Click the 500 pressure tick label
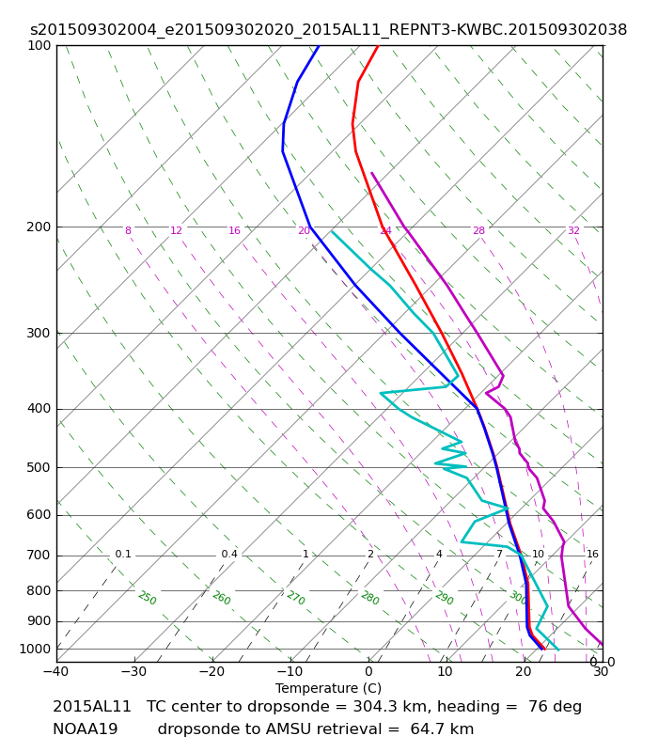[x=39, y=467]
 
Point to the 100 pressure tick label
[x=39, y=45]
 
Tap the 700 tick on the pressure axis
[x=39, y=556]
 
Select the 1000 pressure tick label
[x=35, y=650]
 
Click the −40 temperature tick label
[x=55, y=671]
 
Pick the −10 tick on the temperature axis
[x=290, y=671]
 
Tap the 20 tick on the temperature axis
[x=524, y=671]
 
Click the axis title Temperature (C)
[x=328, y=688]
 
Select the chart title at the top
[x=328, y=30]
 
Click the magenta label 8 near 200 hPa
[x=128, y=230]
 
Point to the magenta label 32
[x=573, y=230]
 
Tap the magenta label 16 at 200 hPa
[x=234, y=230]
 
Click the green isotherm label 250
[x=148, y=598]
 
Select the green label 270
[x=296, y=598]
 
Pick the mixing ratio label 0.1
[x=123, y=555]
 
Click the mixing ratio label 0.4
[x=229, y=555]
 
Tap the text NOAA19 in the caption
[x=85, y=729]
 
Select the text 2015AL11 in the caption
[x=91, y=707]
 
